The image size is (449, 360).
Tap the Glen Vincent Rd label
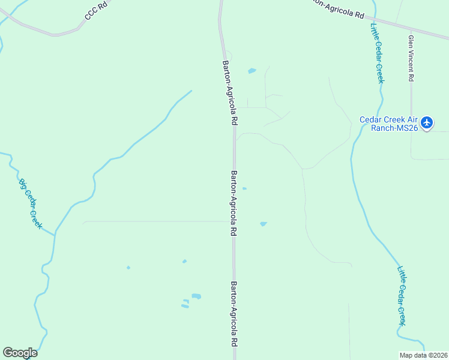pos(411,58)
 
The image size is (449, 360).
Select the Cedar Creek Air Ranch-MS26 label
pos(388,123)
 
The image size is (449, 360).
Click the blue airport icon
pos(427,123)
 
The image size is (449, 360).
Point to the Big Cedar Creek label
pos(30,203)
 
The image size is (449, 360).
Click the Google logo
pos(20,353)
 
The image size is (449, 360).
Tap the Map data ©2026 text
pos(423,355)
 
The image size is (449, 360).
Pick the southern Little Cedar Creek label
pos(402,296)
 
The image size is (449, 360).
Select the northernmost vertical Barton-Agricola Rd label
pos(230,91)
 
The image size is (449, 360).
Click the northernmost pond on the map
pos(252,71)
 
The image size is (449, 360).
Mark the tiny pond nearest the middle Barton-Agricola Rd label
pos(244,188)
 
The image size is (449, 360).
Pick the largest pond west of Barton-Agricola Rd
pos(196,296)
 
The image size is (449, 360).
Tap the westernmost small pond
pos(128,268)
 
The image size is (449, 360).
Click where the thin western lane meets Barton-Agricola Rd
pos(233,221)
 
